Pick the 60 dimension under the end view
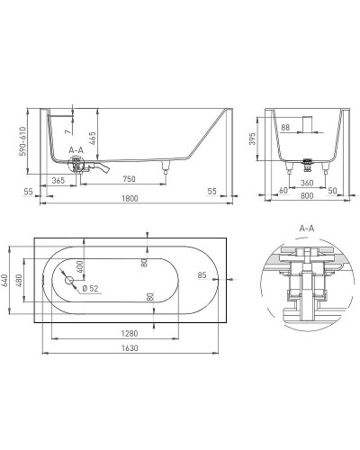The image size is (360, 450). click(x=283, y=192)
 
